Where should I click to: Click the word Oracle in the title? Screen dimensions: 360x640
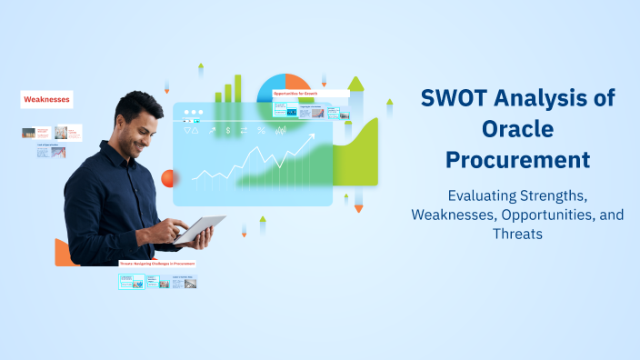click(517, 129)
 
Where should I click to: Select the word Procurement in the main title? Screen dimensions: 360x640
click(517, 160)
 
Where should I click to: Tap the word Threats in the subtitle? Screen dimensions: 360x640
click(517, 233)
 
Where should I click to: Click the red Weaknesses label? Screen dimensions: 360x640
click(46, 99)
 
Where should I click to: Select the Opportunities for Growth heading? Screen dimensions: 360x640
click(295, 93)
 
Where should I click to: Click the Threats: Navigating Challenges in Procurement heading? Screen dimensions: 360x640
click(157, 264)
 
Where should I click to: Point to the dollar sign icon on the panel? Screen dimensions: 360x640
click(228, 131)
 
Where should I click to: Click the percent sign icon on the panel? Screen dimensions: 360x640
click(262, 131)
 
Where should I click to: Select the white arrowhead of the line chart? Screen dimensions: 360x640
click(312, 138)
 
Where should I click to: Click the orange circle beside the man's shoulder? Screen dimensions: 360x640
click(167, 177)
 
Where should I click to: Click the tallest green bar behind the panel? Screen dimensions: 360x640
click(239, 87)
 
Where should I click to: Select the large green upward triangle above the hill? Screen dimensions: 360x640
click(355, 84)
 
